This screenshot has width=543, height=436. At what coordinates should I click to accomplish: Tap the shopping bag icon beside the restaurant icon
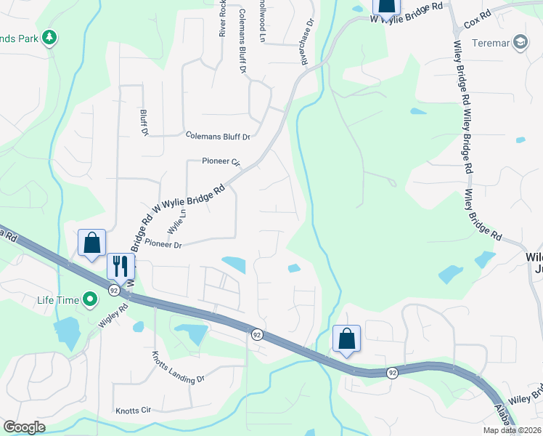tap(92, 242)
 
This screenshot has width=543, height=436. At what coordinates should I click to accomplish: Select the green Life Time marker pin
tap(90, 299)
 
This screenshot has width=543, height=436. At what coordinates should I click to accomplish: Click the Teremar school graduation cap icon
tap(520, 43)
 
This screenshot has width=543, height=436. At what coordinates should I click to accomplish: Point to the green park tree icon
tap(49, 36)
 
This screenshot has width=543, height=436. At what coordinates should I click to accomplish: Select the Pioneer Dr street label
tap(163, 245)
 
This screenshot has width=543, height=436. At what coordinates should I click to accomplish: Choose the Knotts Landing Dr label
tap(179, 368)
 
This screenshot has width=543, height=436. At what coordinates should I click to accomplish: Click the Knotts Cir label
tap(132, 411)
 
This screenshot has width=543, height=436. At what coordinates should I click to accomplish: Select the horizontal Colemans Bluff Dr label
tap(218, 136)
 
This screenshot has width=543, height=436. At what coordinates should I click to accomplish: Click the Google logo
tap(24, 427)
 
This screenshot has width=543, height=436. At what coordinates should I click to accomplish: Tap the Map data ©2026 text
tap(512, 430)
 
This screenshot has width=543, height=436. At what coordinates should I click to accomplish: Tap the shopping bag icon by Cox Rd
tap(386, 6)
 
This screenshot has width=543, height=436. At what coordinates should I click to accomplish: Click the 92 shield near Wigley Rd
tap(114, 290)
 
